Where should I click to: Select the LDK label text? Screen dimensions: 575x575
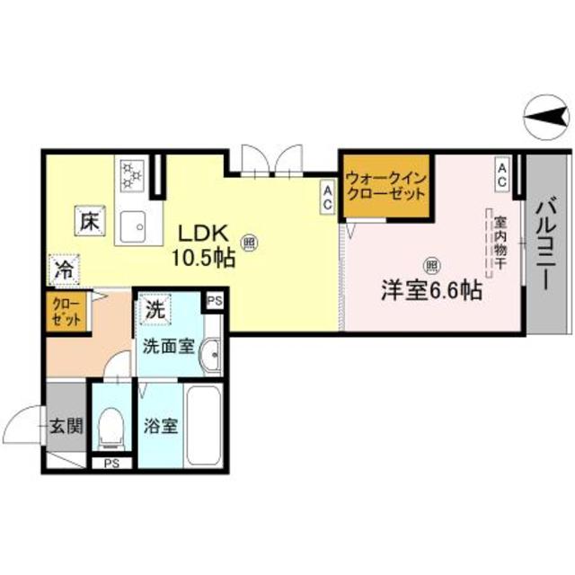click(x=205, y=233)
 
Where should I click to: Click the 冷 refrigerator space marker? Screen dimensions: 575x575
click(x=64, y=268)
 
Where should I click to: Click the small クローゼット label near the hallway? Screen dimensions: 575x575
click(x=66, y=313)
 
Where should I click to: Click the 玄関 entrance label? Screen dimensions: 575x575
click(x=66, y=424)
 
